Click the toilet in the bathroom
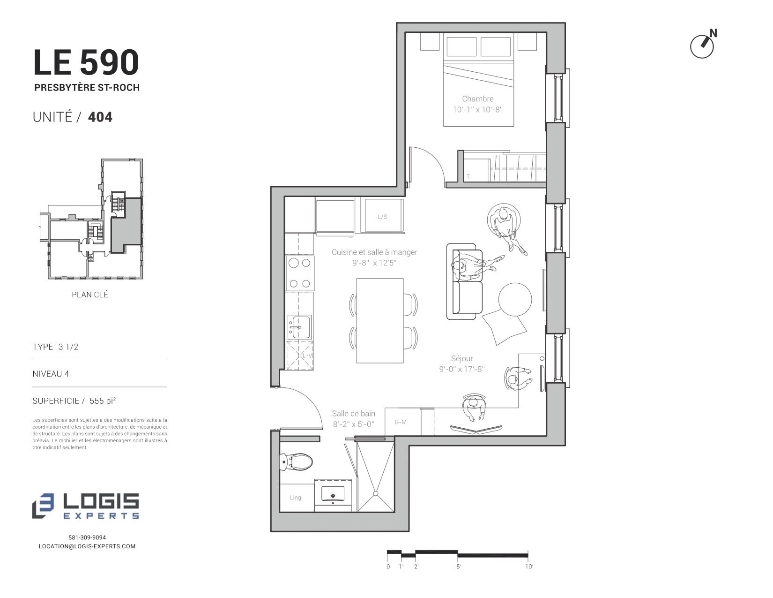[296, 462]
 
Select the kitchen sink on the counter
[299, 327]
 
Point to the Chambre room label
[478, 98]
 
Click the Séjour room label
[462, 358]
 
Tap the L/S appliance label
[382, 217]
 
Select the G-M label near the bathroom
[401, 422]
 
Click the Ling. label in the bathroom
[296, 498]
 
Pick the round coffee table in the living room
[515, 299]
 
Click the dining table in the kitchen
[380, 320]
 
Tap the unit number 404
[100, 117]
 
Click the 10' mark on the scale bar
[529, 567]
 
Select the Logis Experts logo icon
[43, 506]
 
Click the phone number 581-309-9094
[87, 537]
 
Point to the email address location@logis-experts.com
[87, 546]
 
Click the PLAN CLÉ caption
[89, 295]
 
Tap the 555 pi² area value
[103, 401]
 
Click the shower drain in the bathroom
[376, 493]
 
